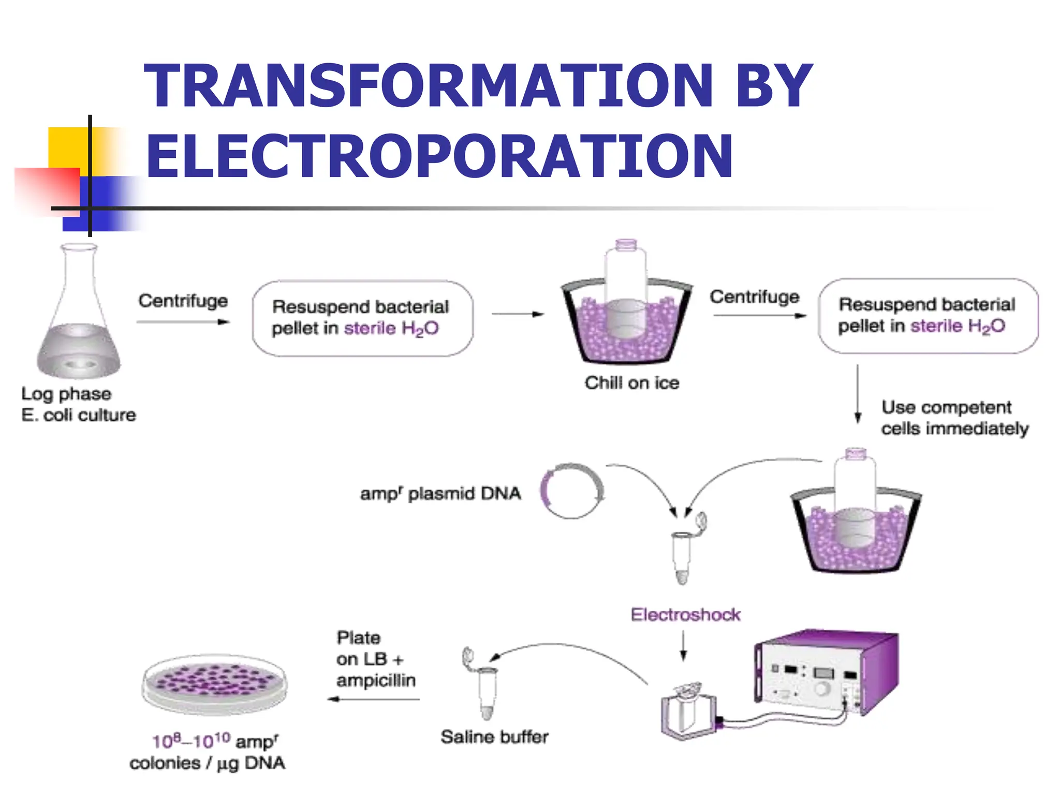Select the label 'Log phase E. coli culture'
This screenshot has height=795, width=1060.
tap(78, 404)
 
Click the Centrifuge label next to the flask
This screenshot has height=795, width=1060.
tap(183, 301)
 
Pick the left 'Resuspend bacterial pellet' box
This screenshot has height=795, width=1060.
tap(362, 318)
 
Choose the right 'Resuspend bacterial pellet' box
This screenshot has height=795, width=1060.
tap(927, 316)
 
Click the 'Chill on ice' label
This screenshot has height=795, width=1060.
tap(631, 383)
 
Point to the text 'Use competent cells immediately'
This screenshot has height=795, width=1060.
tap(954, 418)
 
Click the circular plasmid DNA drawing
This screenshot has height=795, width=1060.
tap(572, 491)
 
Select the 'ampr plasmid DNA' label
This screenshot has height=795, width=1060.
tap(440, 493)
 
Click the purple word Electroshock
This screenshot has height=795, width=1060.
tap(685, 615)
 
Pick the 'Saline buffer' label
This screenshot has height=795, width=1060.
tap(494, 737)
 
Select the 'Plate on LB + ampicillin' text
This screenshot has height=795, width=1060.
tap(375, 659)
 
